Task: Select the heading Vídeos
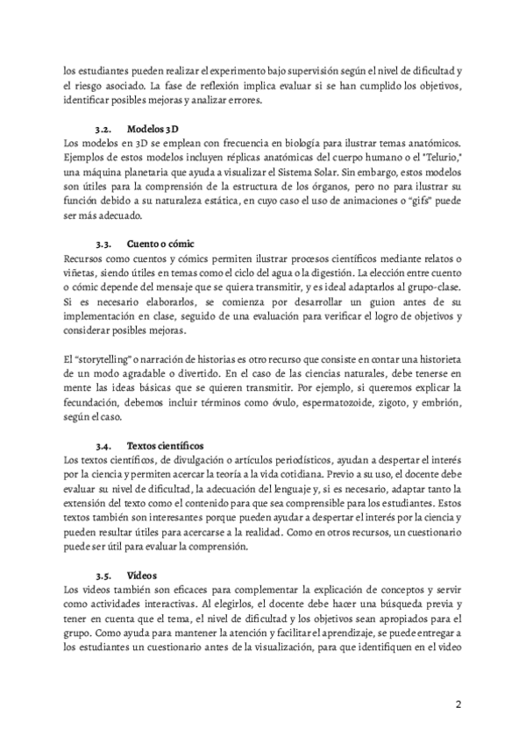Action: (x=142, y=577)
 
